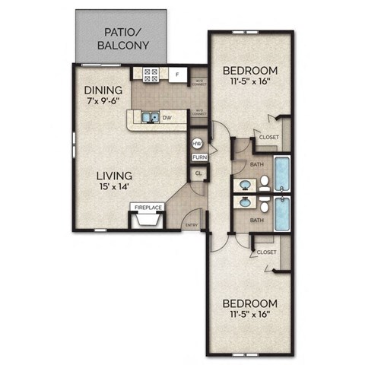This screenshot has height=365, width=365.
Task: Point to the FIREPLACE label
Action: coord(146,207)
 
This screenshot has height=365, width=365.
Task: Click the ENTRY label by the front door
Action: coord(192,224)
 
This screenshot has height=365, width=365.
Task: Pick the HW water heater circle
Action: coord(196,143)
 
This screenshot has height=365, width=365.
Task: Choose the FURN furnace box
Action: coord(198,157)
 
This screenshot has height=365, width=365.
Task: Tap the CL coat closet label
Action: coord(198,173)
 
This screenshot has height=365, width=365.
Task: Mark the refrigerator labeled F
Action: coord(176,75)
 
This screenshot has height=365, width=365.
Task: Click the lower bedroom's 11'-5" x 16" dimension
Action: coord(248,313)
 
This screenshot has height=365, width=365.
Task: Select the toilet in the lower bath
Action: coord(264,204)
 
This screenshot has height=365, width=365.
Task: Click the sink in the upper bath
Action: coord(245,185)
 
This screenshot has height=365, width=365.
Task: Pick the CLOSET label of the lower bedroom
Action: coord(266,252)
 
